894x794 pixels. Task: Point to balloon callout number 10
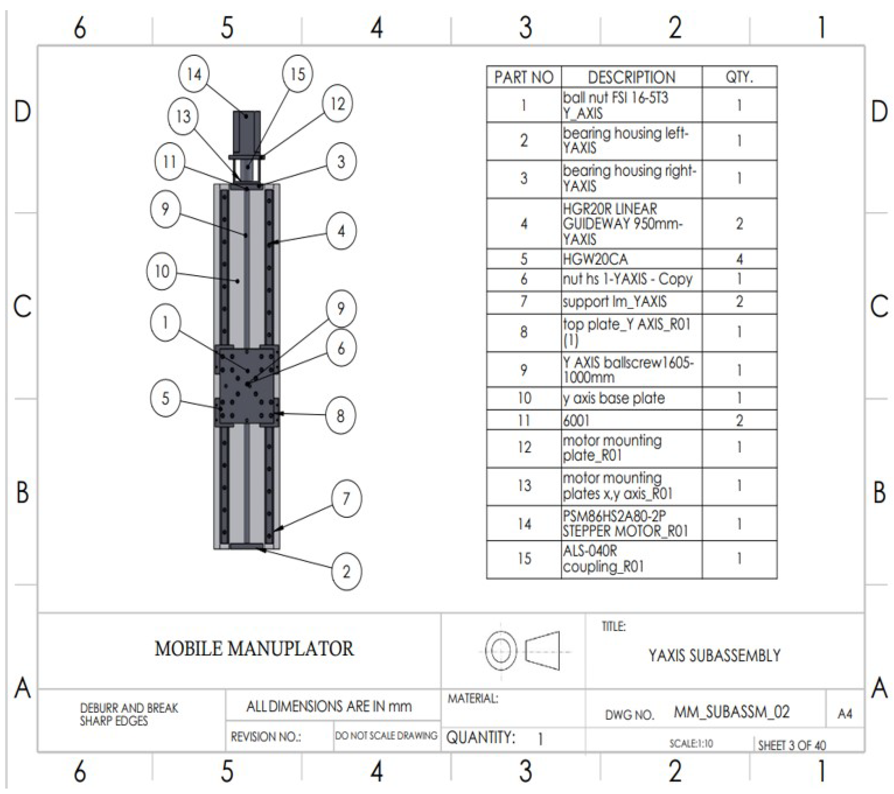point(162,271)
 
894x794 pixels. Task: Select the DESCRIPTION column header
point(631,78)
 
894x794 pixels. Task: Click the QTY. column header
point(739,78)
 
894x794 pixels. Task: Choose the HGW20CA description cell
point(631,259)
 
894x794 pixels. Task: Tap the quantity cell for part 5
point(739,259)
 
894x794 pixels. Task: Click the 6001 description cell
point(631,420)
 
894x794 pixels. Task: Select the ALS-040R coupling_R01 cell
point(631,559)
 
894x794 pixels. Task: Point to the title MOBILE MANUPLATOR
point(254,648)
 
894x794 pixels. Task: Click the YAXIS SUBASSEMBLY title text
point(714,655)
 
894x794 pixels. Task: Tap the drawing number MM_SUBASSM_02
point(731,712)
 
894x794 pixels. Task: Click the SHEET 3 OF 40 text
point(792,745)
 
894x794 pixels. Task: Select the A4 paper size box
point(845,714)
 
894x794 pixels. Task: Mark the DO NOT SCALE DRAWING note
point(386,735)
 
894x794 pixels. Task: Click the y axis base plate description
point(631,398)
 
